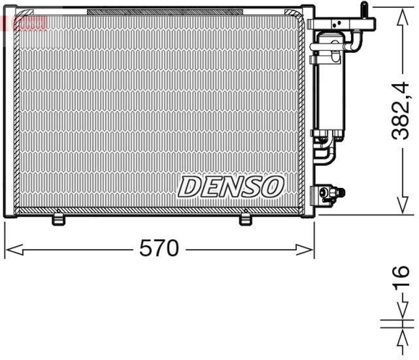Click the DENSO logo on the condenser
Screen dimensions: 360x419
click(x=231, y=186)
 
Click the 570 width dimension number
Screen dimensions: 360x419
click(x=159, y=249)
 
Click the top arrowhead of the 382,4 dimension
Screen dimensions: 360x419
click(x=402, y=19)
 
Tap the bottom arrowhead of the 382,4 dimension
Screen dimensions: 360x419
click(x=402, y=204)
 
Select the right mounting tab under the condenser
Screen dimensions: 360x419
click(x=245, y=219)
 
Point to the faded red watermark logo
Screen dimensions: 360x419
click(x=24, y=22)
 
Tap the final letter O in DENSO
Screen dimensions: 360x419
click(x=273, y=186)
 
